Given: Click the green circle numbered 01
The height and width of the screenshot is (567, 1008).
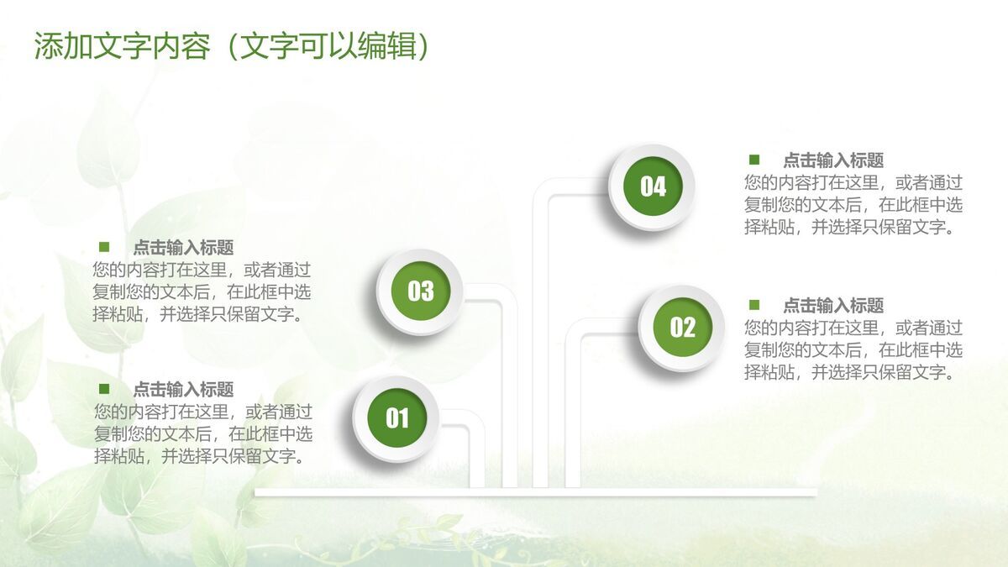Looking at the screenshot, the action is click(396, 418).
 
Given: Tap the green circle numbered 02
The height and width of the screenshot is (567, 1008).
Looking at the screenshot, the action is click(683, 327).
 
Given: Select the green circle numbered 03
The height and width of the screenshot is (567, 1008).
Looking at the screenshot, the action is click(421, 291).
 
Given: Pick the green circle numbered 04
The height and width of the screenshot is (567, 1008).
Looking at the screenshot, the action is click(653, 186).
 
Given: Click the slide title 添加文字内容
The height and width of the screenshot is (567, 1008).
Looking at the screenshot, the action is click(123, 46).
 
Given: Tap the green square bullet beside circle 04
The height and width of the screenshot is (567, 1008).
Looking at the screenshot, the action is click(754, 160).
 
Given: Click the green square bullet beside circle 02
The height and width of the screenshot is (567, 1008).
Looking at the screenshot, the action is click(754, 305).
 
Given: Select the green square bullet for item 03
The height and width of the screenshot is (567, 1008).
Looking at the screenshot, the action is click(104, 247).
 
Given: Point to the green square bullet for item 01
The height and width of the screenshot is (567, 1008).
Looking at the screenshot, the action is click(104, 388).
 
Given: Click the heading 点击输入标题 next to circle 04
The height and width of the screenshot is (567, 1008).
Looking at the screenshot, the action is click(833, 160).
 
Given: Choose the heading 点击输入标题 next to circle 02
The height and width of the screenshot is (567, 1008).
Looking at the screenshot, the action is click(833, 306).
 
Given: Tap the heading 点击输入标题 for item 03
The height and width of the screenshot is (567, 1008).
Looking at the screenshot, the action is click(184, 248).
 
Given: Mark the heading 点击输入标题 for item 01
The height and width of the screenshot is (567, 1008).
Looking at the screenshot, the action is click(184, 389).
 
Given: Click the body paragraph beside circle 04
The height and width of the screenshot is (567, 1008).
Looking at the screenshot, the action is click(853, 205).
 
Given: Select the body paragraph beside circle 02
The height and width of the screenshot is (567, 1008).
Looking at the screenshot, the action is click(853, 350).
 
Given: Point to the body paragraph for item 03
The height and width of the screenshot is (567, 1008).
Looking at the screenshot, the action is click(202, 292).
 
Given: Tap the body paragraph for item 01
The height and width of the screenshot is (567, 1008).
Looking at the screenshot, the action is click(203, 433).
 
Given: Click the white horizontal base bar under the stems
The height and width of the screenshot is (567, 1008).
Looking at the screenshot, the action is click(536, 492).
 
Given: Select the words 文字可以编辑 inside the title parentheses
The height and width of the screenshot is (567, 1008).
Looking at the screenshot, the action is click(328, 46).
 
